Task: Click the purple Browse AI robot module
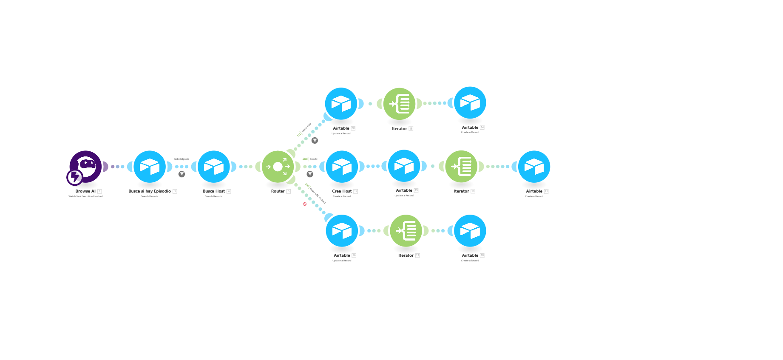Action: click(x=86, y=165)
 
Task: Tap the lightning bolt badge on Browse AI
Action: click(x=75, y=177)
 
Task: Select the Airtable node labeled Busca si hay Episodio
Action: click(x=150, y=167)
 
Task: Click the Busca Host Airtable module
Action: click(x=214, y=167)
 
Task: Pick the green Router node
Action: click(x=278, y=167)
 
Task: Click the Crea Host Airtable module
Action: click(x=342, y=167)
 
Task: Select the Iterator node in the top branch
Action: click(x=399, y=104)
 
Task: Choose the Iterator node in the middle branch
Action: click(x=461, y=167)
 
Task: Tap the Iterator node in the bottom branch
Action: click(x=406, y=231)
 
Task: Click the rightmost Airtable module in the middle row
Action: click(x=534, y=167)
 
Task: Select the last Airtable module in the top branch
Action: click(x=470, y=102)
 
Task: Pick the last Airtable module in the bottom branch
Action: click(x=470, y=231)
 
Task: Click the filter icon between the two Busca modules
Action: click(x=182, y=174)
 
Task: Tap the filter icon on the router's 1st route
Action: click(x=315, y=141)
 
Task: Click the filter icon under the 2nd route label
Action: click(x=310, y=174)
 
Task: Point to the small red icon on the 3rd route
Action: click(x=305, y=204)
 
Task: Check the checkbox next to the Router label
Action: click(x=289, y=192)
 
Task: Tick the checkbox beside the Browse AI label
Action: click(x=100, y=192)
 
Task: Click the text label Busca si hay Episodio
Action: click(x=150, y=191)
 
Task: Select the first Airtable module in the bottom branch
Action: click(x=342, y=231)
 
